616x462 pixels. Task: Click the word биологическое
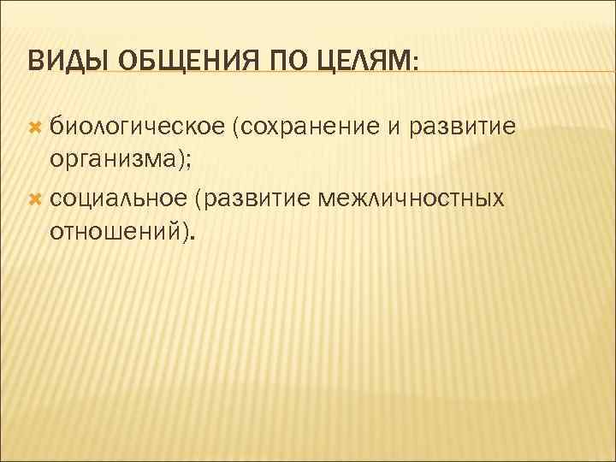136,127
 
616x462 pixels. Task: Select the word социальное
118,198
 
